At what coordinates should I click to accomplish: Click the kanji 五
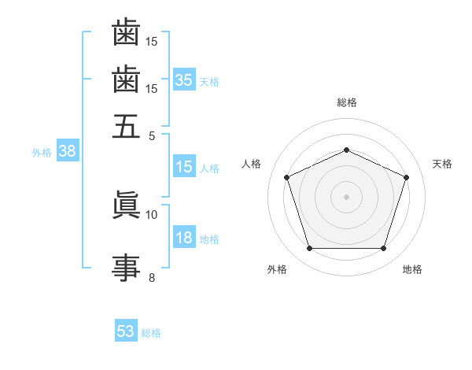pyautogui.click(x=126, y=126)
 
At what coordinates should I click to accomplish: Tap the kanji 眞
pyautogui.click(x=126, y=204)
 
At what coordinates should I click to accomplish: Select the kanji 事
pyautogui.click(x=126, y=268)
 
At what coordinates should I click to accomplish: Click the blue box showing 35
pyautogui.click(x=184, y=80)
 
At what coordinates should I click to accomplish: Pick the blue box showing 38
pyautogui.click(x=68, y=150)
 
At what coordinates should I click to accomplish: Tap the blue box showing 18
pyautogui.click(x=184, y=236)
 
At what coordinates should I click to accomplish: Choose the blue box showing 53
pyautogui.click(x=126, y=330)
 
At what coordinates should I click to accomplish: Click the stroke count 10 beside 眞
pyautogui.click(x=151, y=215)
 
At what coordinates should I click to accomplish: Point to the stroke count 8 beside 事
pyautogui.click(x=152, y=278)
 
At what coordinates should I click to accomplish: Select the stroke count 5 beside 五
pyautogui.click(x=152, y=136)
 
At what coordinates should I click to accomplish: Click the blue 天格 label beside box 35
pyautogui.click(x=209, y=82)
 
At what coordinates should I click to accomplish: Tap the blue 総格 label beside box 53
pyautogui.click(x=151, y=333)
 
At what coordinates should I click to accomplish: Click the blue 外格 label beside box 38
pyautogui.click(x=42, y=153)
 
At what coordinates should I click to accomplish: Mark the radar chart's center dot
pyautogui.click(x=346, y=197)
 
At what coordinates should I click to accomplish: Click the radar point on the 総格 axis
pyautogui.click(x=346, y=150)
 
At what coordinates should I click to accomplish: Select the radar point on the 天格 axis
pyautogui.click(x=406, y=177)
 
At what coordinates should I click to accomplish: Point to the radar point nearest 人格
pyautogui.click(x=286, y=177)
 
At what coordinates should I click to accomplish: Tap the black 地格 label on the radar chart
pyautogui.click(x=412, y=269)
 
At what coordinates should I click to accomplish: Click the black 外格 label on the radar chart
pyautogui.click(x=277, y=269)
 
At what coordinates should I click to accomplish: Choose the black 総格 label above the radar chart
pyautogui.click(x=347, y=102)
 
